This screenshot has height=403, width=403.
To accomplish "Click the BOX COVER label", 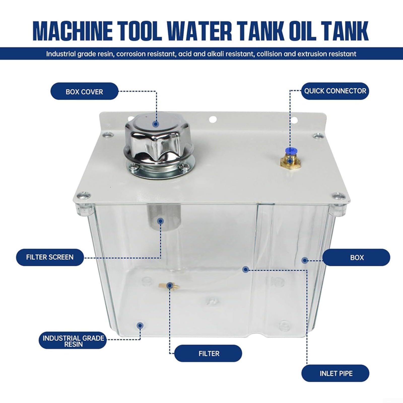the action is click(x=84, y=91).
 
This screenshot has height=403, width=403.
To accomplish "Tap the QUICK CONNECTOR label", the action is click(x=335, y=91).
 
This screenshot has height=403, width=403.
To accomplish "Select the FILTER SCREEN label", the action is click(x=50, y=257).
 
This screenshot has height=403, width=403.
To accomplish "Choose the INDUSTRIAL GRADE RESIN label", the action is click(x=73, y=341).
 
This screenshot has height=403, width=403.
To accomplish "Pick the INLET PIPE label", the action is click(x=335, y=373).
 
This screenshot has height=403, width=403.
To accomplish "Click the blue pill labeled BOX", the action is click(x=356, y=257).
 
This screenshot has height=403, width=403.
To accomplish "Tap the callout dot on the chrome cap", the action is click(x=156, y=124).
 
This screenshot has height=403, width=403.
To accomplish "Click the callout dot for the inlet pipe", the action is click(x=246, y=270).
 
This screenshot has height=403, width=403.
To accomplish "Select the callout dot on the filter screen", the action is click(x=160, y=221).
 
